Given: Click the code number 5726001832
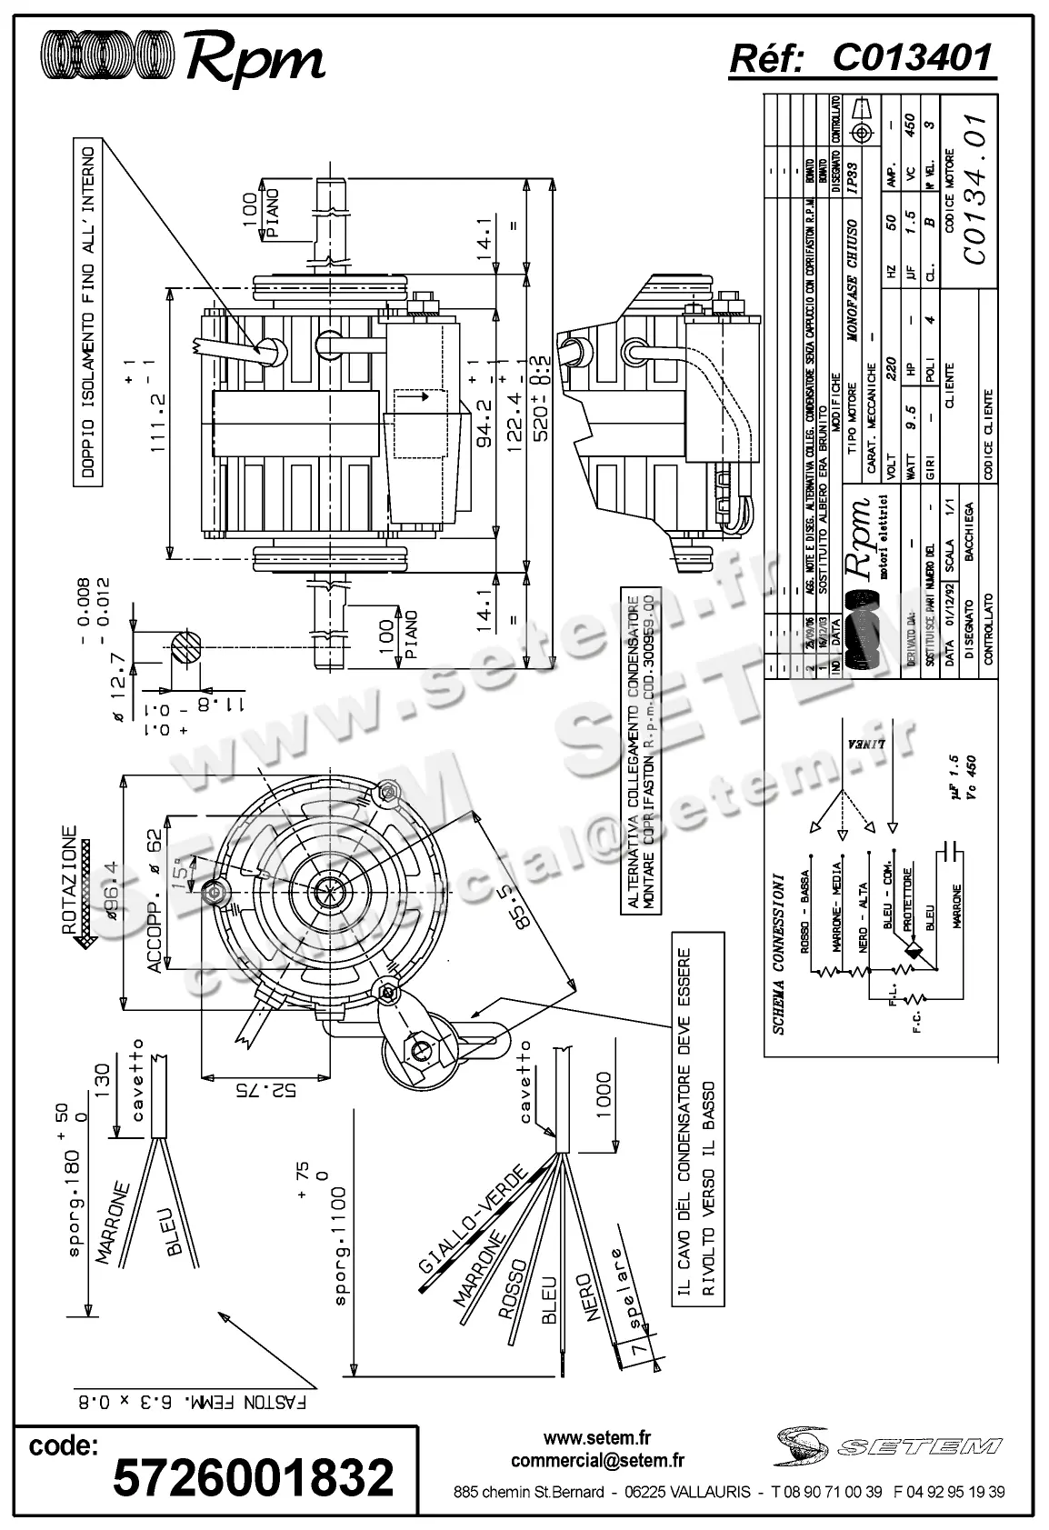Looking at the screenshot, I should coord(254,1477).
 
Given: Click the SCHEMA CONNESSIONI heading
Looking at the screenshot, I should coord(779,955).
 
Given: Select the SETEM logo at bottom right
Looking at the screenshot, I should coord(888,1445).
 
